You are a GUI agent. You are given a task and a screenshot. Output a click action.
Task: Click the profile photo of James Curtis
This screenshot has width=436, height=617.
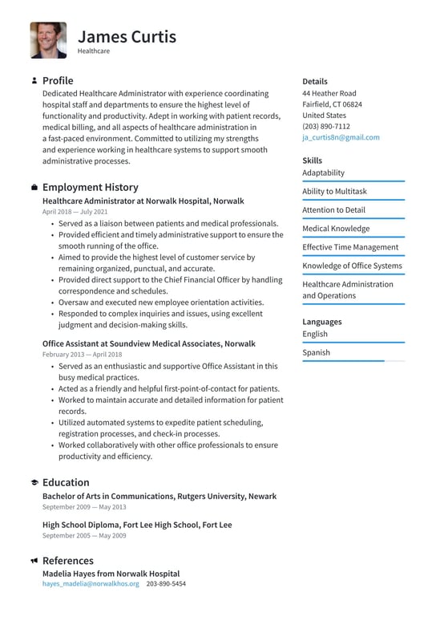tap(48, 40)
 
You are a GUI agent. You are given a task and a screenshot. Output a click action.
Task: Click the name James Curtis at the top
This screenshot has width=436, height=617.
tap(127, 36)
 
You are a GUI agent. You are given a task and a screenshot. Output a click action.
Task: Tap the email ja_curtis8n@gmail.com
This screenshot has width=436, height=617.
tap(341, 137)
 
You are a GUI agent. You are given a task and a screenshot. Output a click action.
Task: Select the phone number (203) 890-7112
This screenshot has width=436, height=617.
tap(325, 126)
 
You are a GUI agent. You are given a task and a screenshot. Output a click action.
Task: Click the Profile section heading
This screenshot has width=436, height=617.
tap(58, 80)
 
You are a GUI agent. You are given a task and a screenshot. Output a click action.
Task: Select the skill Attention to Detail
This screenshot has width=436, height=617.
tap(333, 210)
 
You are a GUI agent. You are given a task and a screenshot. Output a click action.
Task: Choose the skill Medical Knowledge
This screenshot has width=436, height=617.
tap(336, 229)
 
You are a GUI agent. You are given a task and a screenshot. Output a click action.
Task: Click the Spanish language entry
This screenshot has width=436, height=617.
tap(316, 352)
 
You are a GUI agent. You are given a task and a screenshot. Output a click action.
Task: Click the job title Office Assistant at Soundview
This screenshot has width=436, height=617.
tap(148, 343)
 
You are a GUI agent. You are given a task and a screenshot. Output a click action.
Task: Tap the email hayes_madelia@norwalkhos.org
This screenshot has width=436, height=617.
tap(91, 584)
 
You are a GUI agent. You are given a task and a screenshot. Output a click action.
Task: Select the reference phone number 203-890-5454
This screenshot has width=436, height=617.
tap(166, 584)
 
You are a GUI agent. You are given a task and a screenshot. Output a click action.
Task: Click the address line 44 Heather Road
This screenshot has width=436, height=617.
tap(329, 93)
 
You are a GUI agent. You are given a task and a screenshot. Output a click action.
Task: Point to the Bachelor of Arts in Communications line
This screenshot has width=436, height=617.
tap(159, 496)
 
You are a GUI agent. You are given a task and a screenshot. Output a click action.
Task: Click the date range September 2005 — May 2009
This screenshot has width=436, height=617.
tap(84, 535)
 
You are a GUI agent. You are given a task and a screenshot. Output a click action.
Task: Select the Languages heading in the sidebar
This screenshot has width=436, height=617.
tap(321, 322)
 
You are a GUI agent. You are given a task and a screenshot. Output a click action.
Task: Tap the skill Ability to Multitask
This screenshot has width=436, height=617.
tap(334, 191)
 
